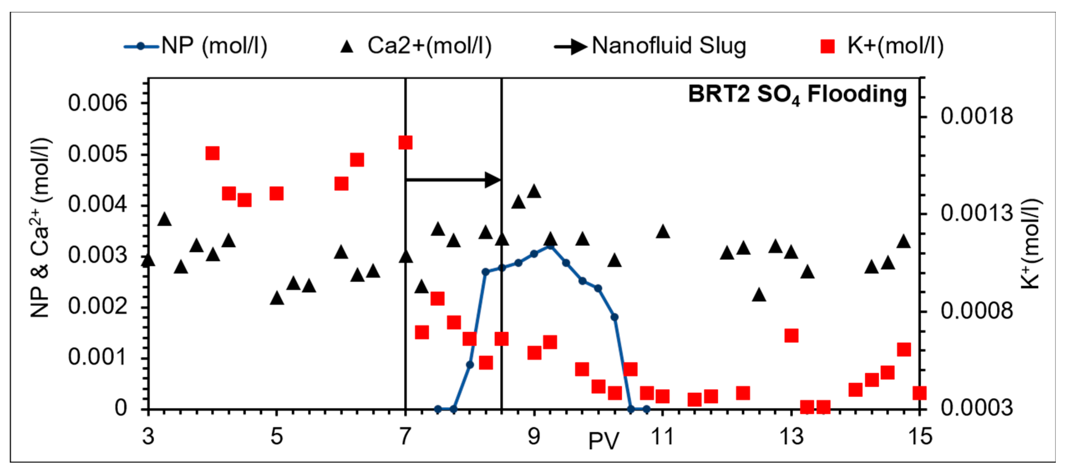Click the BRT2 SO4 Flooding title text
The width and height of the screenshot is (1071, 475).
click(x=798, y=95)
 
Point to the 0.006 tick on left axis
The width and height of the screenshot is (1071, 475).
click(x=98, y=103)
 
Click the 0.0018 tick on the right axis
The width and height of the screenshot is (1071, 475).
click(x=977, y=116)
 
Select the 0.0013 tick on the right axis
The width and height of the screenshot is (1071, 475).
click(x=977, y=214)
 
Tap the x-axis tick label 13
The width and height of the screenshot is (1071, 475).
click(x=791, y=437)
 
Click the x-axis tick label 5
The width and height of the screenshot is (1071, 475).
click(x=276, y=437)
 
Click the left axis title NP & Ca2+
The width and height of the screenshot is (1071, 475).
click(x=41, y=228)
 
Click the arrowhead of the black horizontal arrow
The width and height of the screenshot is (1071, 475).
click(x=494, y=180)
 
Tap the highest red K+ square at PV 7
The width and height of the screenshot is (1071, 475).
click(x=405, y=143)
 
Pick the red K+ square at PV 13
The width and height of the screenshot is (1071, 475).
click(x=791, y=336)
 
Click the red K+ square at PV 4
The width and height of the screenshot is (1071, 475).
click(x=212, y=153)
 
